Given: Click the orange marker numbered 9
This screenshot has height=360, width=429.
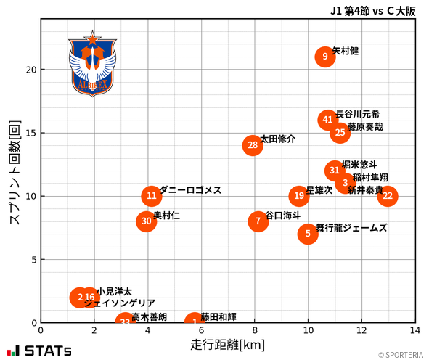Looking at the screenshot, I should [325, 57].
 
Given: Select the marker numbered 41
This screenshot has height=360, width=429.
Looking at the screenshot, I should [328, 120].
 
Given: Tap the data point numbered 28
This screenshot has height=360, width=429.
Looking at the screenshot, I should [253, 146].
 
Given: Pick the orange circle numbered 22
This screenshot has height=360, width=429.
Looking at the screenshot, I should [388, 196].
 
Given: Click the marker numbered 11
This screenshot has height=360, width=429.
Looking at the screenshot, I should [151, 196].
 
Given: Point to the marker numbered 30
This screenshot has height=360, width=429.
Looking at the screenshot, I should [147, 221].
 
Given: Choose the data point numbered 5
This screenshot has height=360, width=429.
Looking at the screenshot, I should [308, 234].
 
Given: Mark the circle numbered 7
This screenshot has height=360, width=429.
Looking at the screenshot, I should [258, 221].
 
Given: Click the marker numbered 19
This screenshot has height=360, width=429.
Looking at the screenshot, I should [299, 196].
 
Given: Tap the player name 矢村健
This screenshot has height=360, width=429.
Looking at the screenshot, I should [346, 52].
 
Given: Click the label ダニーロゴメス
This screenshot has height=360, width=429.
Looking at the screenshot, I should [190, 190].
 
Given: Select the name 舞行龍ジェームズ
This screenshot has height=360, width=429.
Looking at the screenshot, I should [351, 228].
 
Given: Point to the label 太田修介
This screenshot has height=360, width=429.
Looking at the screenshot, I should [277, 139].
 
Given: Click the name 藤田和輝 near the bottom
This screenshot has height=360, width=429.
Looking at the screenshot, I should [218, 317].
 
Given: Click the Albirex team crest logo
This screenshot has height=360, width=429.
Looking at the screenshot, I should [92, 64].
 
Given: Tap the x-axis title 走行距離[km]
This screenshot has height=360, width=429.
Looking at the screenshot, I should [228, 344].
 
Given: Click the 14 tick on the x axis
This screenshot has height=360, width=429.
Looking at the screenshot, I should [414, 330].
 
